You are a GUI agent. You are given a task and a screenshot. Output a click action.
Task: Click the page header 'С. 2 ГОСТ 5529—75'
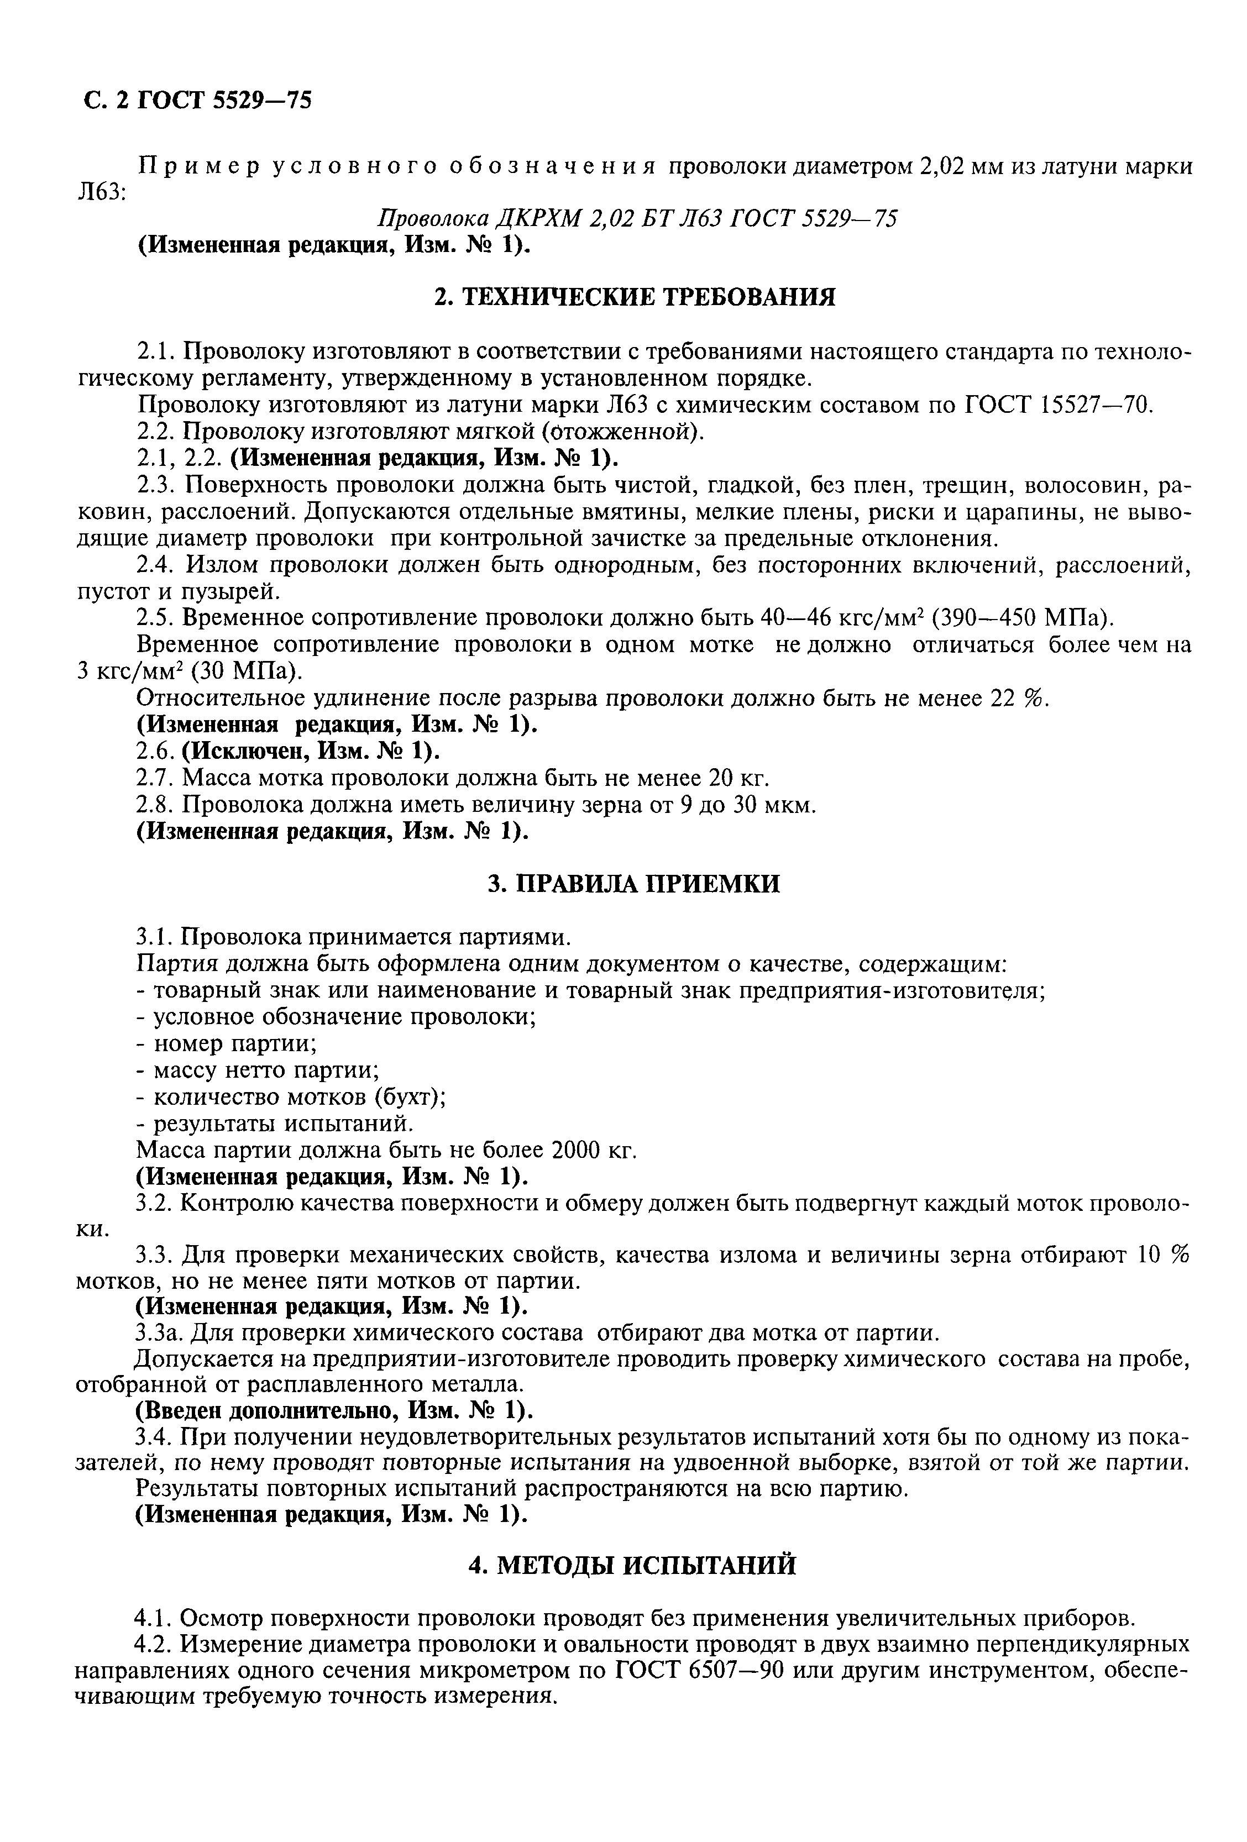(x=197, y=101)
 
